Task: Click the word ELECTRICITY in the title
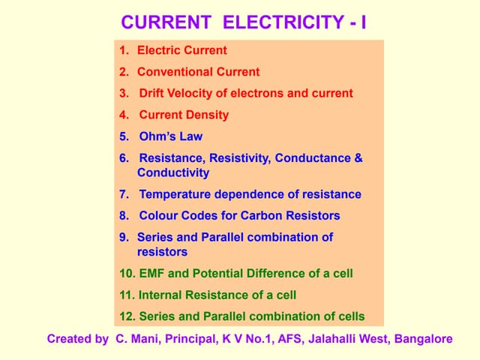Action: tap(283, 22)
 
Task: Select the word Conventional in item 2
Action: tap(175, 72)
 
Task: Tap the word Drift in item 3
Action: tap(153, 94)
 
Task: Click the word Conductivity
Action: tap(173, 172)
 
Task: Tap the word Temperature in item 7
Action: tap(175, 194)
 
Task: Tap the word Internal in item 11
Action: tap(160, 295)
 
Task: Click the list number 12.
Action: tap(126, 316)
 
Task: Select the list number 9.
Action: tap(124, 237)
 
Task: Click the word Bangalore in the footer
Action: tap(425, 339)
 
